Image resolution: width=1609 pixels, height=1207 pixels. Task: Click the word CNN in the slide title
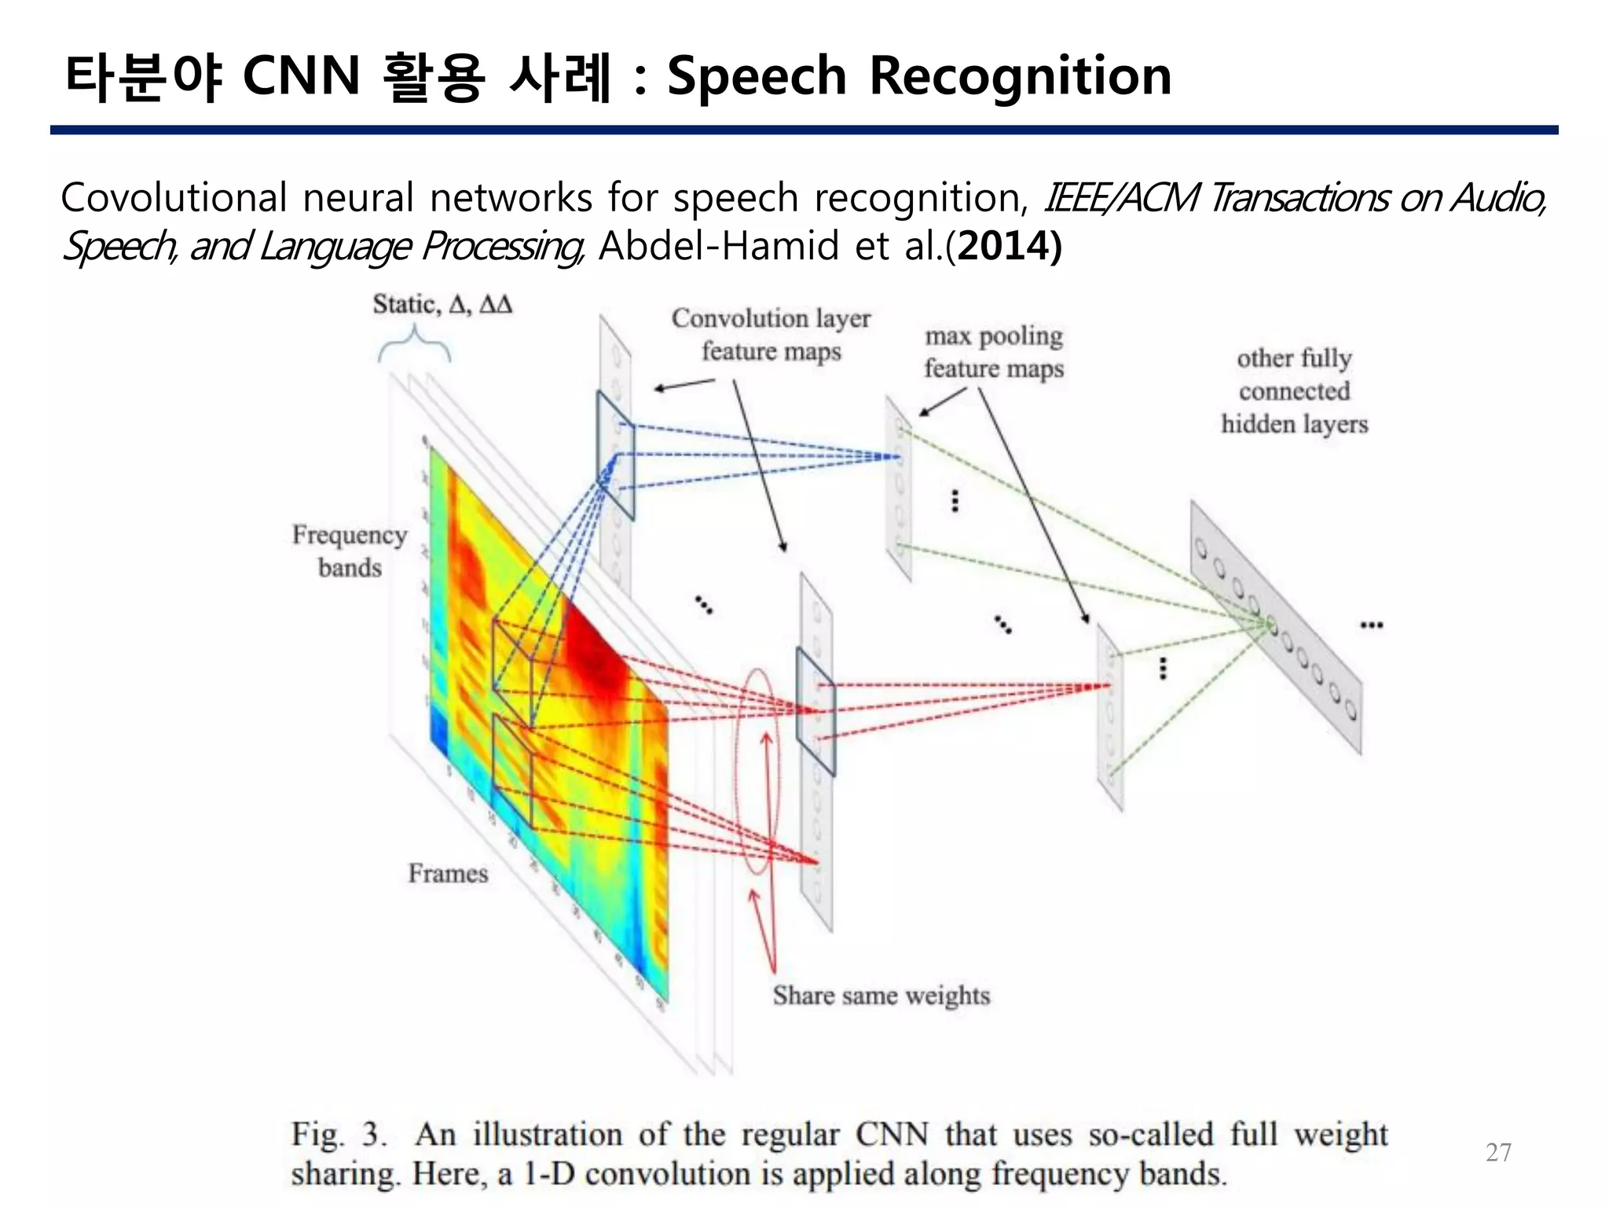click(x=301, y=76)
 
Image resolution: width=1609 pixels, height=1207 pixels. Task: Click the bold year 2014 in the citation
click(x=1004, y=246)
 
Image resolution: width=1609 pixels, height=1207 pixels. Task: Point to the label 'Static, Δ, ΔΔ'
click(x=442, y=304)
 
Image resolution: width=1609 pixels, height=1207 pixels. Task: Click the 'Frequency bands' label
click(x=350, y=550)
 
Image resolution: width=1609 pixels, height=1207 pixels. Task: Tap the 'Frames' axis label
click(x=448, y=873)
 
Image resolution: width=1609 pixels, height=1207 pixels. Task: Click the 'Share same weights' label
click(x=881, y=996)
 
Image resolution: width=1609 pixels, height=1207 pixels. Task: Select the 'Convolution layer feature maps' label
click(x=771, y=335)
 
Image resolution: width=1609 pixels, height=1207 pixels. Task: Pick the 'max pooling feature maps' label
click(x=994, y=351)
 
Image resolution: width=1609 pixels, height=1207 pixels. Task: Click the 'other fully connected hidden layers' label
click(x=1294, y=391)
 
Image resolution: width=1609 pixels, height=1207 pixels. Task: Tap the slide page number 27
click(x=1498, y=1152)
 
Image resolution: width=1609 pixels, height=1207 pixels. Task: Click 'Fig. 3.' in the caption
click(x=339, y=1134)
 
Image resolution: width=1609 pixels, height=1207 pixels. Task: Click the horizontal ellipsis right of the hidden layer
click(x=1372, y=626)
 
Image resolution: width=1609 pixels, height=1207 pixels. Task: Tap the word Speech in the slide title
click(x=757, y=76)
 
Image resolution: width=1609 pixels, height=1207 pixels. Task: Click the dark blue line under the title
click(x=804, y=130)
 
